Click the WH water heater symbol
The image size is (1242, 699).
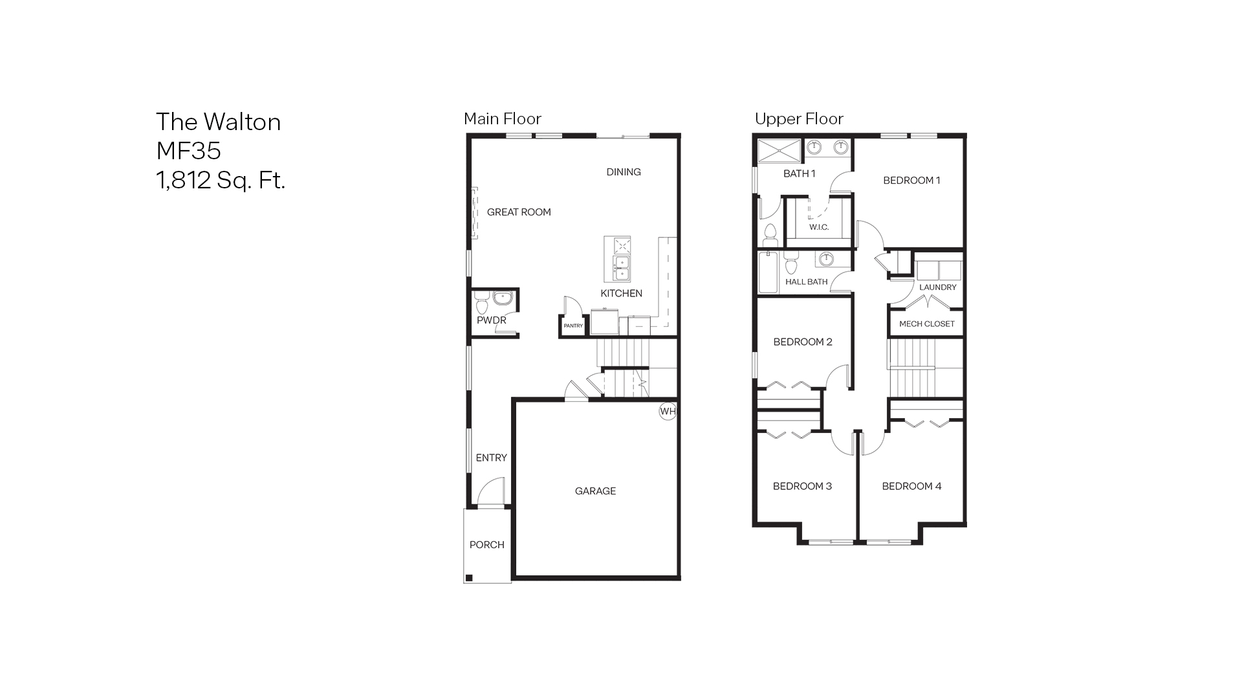pyautogui.click(x=668, y=411)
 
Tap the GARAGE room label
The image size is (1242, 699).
pyautogui.click(x=595, y=491)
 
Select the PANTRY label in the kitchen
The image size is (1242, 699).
pyautogui.click(x=573, y=326)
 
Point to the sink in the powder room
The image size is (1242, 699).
pyautogui.click(x=503, y=298)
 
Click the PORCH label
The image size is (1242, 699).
pyautogui.click(x=486, y=545)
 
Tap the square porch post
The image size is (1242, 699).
pyautogui.click(x=470, y=578)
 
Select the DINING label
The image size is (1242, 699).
pyautogui.click(x=624, y=172)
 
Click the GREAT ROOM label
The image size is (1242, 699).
pyautogui.click(x=519, y=212)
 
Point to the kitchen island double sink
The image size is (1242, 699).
pyautogui.click(x=621, y=268)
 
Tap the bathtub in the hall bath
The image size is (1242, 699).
pyautogui.click(x=768, y=272)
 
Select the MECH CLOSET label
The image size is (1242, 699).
pyautogui.click(x=926, y=324)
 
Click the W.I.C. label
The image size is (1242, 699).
pyautogui.click(x=818, y=227)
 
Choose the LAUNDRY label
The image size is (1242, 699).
pyautogui.click(x=937, y=287)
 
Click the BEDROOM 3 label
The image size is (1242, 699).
pyautogui.click(x=802, y=487)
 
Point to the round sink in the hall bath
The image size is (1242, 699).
pyautogui.click(x=825, y=260)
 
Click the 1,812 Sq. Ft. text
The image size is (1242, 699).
pyautogui.click(x=221, y=180)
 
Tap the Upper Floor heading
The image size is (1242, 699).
pyautogui.click(x=799, y=119)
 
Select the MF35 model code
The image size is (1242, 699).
pyautogui.click(x=188, y=151)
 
